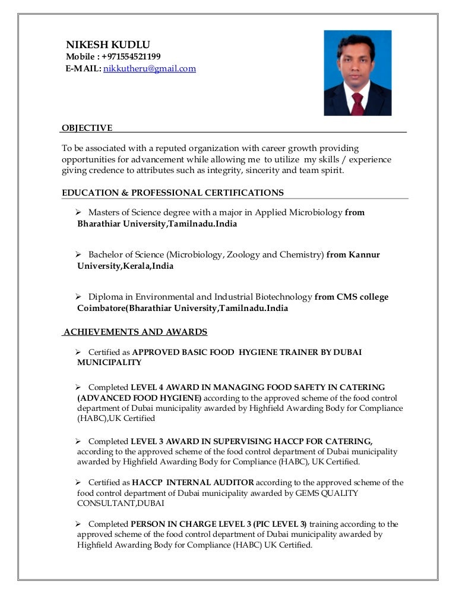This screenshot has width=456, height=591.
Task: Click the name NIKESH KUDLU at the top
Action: [107, 45]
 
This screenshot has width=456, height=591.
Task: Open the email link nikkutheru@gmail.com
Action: [150, 69]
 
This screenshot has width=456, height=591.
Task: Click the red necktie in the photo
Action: [357, 103]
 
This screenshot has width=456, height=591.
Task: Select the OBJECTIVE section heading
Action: [87, 128]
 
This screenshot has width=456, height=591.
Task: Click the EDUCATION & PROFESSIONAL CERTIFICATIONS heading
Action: [173, 193]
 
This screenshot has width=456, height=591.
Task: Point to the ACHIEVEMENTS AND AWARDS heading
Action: [135, 332]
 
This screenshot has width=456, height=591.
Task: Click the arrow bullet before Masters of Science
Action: [78, 212]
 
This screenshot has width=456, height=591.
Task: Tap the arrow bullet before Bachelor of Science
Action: [78, 254]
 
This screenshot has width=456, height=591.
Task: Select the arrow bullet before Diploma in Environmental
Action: [78, 297]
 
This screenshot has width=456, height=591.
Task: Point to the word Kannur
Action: [365, 254]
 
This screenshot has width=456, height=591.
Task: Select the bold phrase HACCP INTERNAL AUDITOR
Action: [193, 482]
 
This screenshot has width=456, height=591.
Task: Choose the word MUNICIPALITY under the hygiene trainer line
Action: [109, 362]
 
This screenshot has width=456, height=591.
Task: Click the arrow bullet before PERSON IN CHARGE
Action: [78, 524]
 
